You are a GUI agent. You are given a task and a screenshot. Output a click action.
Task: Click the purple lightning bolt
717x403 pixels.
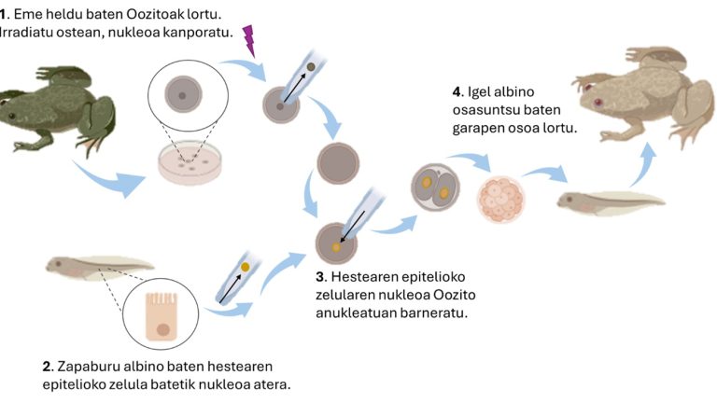249,39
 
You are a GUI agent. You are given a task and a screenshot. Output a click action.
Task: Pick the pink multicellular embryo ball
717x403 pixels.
501,197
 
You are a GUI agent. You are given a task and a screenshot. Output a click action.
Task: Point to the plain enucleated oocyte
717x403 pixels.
338,164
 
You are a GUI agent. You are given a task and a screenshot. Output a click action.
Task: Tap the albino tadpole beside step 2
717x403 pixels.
98,267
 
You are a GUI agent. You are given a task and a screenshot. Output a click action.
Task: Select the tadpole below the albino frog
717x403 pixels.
611,200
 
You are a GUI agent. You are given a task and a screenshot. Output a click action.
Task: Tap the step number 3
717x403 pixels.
320,277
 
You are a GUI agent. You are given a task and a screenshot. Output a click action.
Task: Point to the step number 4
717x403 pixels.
457,92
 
